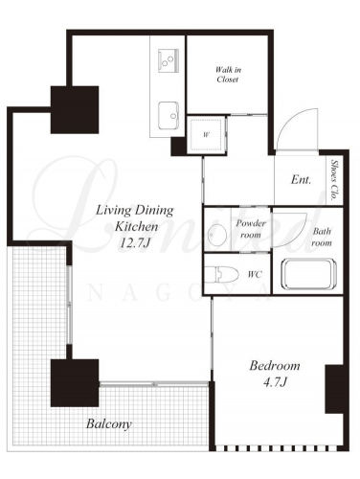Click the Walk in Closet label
tap(228, 75)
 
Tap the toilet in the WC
tap(221, 274)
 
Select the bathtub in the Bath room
tap(308, 275)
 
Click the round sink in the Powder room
tap(216, 235)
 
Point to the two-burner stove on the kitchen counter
tap(168, 60)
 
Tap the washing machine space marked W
tap(207, 135)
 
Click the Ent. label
tap(301, 179)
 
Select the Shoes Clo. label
tap(334, 180)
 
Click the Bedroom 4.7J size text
tap(275, 382)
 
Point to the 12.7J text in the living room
tap(135, 243)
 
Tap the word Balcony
tap(109, 424)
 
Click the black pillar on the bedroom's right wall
tap(334, 389)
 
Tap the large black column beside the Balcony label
tap(75, 383)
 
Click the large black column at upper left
tap(75, 109)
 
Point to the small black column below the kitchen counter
tap(178, 147)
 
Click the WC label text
tap(255, 274)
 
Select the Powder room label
tap(251, 229)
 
